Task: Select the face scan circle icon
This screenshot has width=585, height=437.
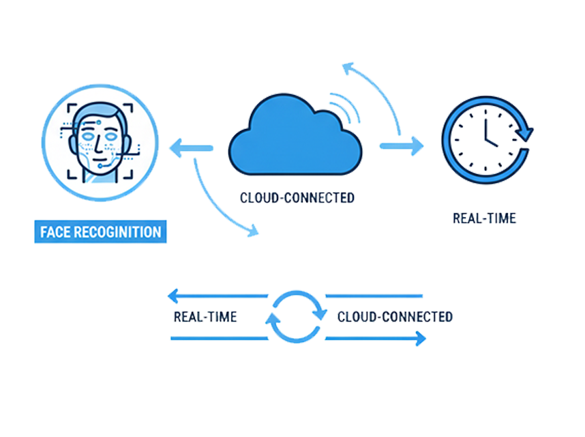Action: (100, 141)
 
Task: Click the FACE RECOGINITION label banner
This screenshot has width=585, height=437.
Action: (102, 231)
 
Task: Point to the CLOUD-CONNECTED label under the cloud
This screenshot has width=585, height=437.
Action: (297, 198)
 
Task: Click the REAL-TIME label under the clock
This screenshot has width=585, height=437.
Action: (483, 218)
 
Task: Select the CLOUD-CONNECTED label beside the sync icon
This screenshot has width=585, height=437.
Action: (394, 318)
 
